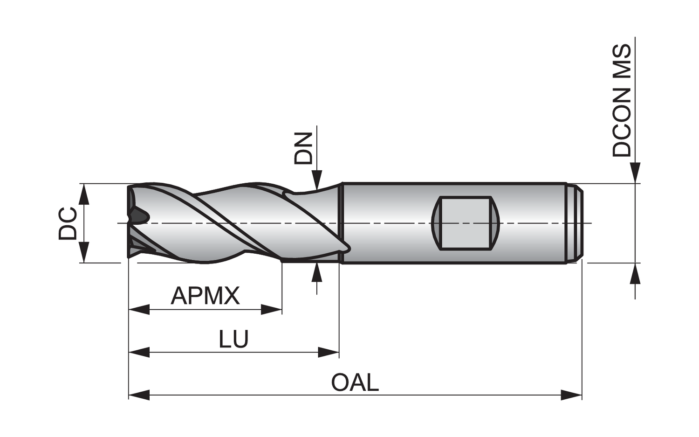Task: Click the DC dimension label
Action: tap(68, 224)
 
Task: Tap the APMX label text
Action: tap(206, 296)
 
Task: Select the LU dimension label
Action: tap(233, 338)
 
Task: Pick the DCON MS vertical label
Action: tap(622, 101)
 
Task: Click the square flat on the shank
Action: tap(466, 223)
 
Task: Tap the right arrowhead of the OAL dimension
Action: tap(571, 395)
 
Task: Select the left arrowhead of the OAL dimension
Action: tap(139, 395)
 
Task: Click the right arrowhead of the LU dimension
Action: tap(329, 352)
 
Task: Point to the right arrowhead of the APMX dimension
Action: tap(272, 310)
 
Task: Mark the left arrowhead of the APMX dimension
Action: tap(139, 310)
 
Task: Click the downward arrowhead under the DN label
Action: tap(317, 180)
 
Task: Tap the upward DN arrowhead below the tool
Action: tap(317, 273)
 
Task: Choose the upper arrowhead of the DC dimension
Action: tap(83, 194)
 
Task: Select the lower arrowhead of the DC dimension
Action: tap(83, 252)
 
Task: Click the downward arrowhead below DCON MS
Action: tap(635, 173)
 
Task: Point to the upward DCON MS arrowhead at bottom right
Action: tap(635, 273)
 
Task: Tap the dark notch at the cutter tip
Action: tap(139, 216)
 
